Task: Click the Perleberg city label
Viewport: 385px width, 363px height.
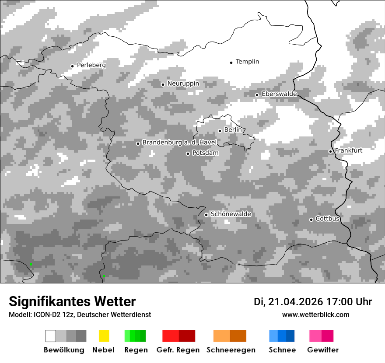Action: [x=91, y=65]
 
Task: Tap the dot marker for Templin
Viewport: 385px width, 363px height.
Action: [x=231, y=63]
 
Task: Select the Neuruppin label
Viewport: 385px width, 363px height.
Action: [x=183, y=84]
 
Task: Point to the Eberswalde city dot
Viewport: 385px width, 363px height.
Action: [x=257, y=95]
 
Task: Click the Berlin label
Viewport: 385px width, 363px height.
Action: [x=233, y=130]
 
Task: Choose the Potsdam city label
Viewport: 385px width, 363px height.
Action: [x=205, y=153]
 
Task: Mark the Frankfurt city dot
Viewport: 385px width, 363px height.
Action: [x=330, y=151]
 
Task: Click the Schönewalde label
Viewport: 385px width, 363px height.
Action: [x=231, y=214]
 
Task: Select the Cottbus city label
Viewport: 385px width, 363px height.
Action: [x=327, y=219]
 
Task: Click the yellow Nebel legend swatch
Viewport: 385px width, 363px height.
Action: [x=104, y=336]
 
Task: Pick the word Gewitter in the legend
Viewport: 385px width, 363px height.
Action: [x=323, y=350]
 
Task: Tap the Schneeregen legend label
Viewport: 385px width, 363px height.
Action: [x=231, y=350]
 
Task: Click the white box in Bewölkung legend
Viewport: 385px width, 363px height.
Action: [x=51, y=336]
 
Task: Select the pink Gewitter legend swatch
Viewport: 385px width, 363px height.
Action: [x=315, y=336]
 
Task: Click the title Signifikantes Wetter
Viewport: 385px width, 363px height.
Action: [x=72, y=302]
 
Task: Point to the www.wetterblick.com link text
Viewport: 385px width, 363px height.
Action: [x=315, y=315]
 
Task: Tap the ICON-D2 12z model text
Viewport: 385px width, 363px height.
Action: [x=52, y=315]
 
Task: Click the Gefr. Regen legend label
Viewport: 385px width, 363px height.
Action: [x=178, y=350]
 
